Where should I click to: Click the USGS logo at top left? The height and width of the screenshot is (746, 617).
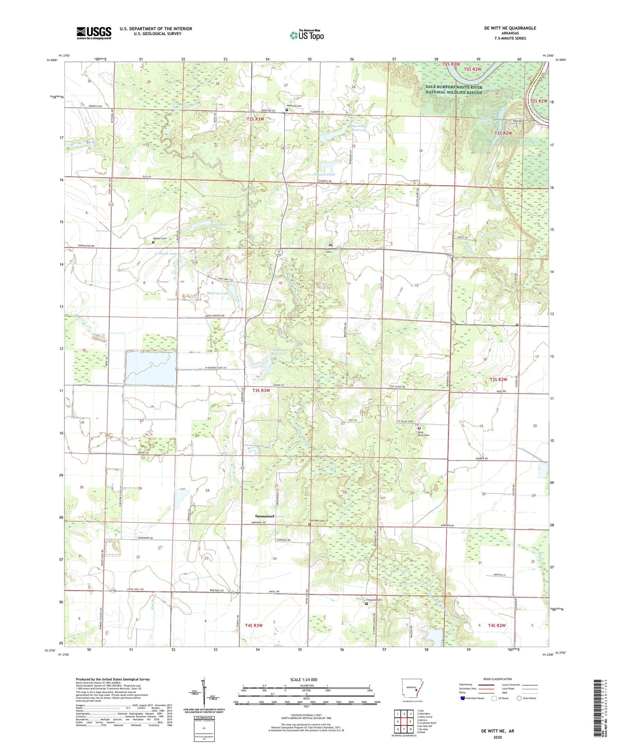click(x=94, y=32)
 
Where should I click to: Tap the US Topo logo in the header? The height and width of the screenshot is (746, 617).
click(x=306, y=35)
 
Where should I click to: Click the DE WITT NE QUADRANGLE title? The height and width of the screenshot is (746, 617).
click(x=510, y=28)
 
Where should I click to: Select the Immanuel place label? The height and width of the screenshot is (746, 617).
click(x=265, y=516)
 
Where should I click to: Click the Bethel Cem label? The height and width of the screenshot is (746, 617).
click(x=160, y=238)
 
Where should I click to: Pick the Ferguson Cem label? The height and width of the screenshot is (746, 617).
click(x=374, y=600)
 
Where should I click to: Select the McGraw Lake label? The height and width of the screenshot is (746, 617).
click(x=218, y=293)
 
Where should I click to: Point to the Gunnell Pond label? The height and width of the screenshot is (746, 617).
click(x=325, y=175)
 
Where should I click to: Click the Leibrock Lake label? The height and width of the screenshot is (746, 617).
click(x=166, y=253)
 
